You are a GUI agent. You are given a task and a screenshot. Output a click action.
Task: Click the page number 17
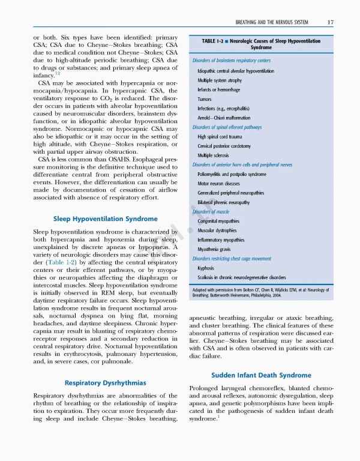330,23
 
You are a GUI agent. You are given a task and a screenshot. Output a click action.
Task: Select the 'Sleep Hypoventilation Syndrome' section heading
105,218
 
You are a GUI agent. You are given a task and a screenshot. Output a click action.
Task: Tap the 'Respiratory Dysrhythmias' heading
105,382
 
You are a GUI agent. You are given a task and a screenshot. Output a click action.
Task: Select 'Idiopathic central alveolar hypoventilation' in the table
235,71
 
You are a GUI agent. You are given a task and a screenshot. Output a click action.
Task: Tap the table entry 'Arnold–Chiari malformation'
224,118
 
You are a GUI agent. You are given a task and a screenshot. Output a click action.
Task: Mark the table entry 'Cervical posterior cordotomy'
225,146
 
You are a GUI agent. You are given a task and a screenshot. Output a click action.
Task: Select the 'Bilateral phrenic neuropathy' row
223,202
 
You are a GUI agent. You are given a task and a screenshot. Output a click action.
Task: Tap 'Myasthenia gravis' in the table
215,249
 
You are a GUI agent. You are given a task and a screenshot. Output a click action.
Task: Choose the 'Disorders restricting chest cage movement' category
236,259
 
